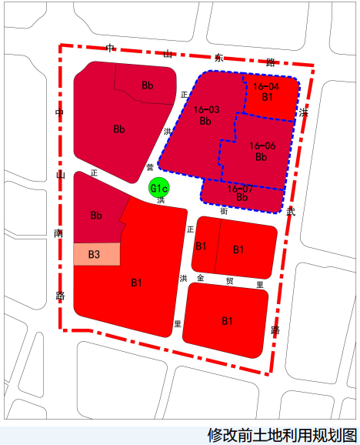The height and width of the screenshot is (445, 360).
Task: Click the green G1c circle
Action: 159,188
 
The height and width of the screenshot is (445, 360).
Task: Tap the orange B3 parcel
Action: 95,254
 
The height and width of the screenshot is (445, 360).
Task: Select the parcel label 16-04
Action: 267,87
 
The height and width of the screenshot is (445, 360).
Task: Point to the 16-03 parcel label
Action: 206,110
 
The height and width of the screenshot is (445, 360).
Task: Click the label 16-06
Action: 262,146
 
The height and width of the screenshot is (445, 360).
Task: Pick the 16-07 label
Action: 241,189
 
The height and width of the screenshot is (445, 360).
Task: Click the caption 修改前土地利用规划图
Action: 282,435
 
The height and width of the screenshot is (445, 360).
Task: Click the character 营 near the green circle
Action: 149,167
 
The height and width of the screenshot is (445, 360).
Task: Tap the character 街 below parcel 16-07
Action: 224,210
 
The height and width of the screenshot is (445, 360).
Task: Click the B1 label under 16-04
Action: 267,98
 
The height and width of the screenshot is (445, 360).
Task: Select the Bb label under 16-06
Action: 261,157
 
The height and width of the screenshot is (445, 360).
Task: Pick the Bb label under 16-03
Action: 205,121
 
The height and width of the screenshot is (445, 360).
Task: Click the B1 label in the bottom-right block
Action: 227,320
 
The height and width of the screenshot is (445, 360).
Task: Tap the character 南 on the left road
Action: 59,233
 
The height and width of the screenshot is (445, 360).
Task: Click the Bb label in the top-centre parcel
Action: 148,85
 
